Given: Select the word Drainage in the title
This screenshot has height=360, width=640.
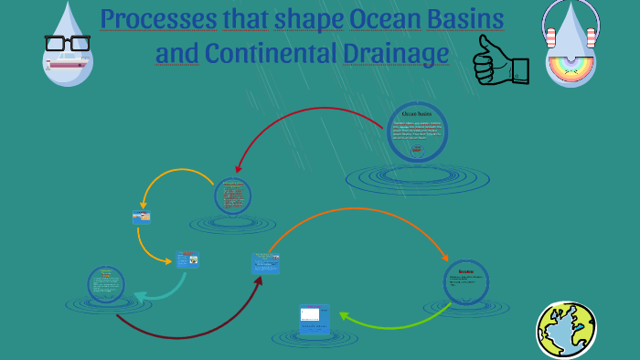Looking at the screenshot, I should point(396,53).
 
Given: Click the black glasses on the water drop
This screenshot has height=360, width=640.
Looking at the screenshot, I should point(67,43).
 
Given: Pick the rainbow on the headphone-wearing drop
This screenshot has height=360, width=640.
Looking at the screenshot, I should point(571,65).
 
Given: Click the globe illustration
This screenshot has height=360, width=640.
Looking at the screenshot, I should point(566,329).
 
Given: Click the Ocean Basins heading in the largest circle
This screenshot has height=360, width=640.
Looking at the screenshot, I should point(417,114).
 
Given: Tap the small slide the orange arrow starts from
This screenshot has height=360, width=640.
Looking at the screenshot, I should point(265,263).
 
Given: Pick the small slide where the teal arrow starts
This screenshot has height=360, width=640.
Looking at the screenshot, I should point(187,260).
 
